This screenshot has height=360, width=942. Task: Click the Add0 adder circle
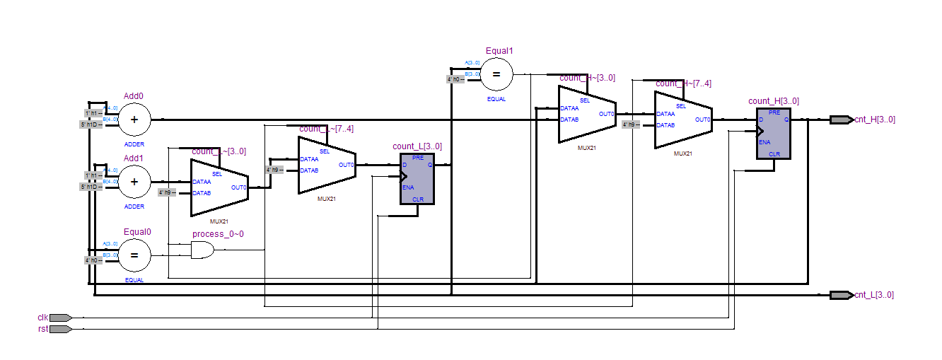[134, 120]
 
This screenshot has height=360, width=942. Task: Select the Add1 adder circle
[134, 182]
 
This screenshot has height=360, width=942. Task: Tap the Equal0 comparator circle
[134, 255]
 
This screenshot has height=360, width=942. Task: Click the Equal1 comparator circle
[496, 74]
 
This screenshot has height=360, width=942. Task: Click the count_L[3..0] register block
[417, 178]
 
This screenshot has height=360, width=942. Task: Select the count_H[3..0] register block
[774, 133]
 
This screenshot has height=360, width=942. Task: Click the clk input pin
[60, 318]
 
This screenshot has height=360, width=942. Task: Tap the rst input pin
[60, 329]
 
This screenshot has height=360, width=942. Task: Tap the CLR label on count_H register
[774, 153]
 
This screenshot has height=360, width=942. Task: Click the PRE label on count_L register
[418, 158]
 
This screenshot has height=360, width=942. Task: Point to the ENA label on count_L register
[408, 187]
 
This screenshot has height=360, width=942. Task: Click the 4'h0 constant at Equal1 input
[455, 79]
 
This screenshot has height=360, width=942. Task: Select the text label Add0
[134, 96]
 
